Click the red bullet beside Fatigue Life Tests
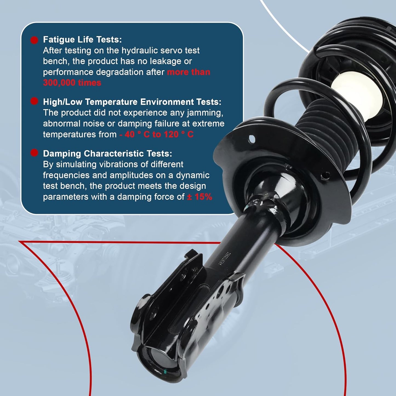click(34, 40)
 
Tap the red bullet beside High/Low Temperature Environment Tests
click(34, 101)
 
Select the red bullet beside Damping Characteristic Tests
click(34, 153)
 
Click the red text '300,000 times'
click(72, 83)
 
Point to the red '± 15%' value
click(200, 197)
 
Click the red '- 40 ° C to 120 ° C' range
click(156, 135)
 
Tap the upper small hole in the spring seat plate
click(252, 139)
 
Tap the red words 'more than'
click(189, 72)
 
